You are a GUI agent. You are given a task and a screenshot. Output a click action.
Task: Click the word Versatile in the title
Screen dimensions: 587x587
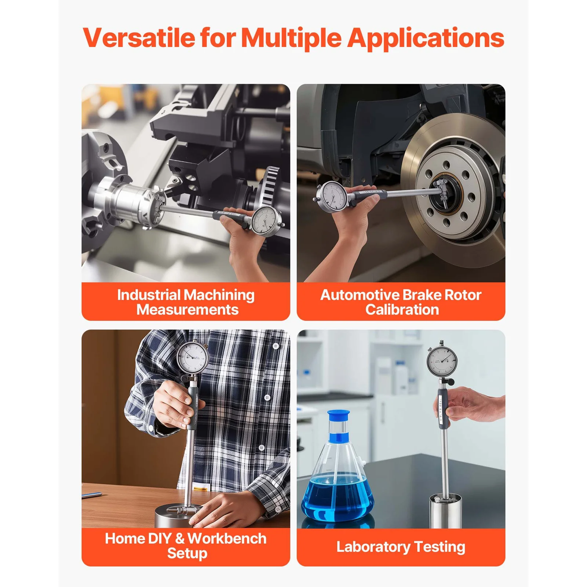pyautogui.click(x=139, y=38)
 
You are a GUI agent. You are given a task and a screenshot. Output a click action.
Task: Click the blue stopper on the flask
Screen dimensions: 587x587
pyautogui.click(x=338, y=416)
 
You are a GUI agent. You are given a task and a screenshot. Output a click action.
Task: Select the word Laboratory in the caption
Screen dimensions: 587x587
pyautogui.click(x=373, y=547)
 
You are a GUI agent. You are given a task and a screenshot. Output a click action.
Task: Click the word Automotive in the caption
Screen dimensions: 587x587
pyautogui.click(x=360, y=295)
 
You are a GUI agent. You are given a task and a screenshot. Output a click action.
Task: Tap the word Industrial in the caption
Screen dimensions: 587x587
pyautogui.click(x=149, y=295)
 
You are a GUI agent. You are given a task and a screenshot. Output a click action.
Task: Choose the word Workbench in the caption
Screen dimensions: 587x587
pyautogui.click(x=227, y=539)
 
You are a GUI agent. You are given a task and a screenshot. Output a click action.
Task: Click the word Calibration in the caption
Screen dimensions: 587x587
pyautogui.click(x=402, y=310)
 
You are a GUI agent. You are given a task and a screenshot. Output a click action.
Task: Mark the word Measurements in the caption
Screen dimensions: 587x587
pyautogui.click(x=187, y=310)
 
